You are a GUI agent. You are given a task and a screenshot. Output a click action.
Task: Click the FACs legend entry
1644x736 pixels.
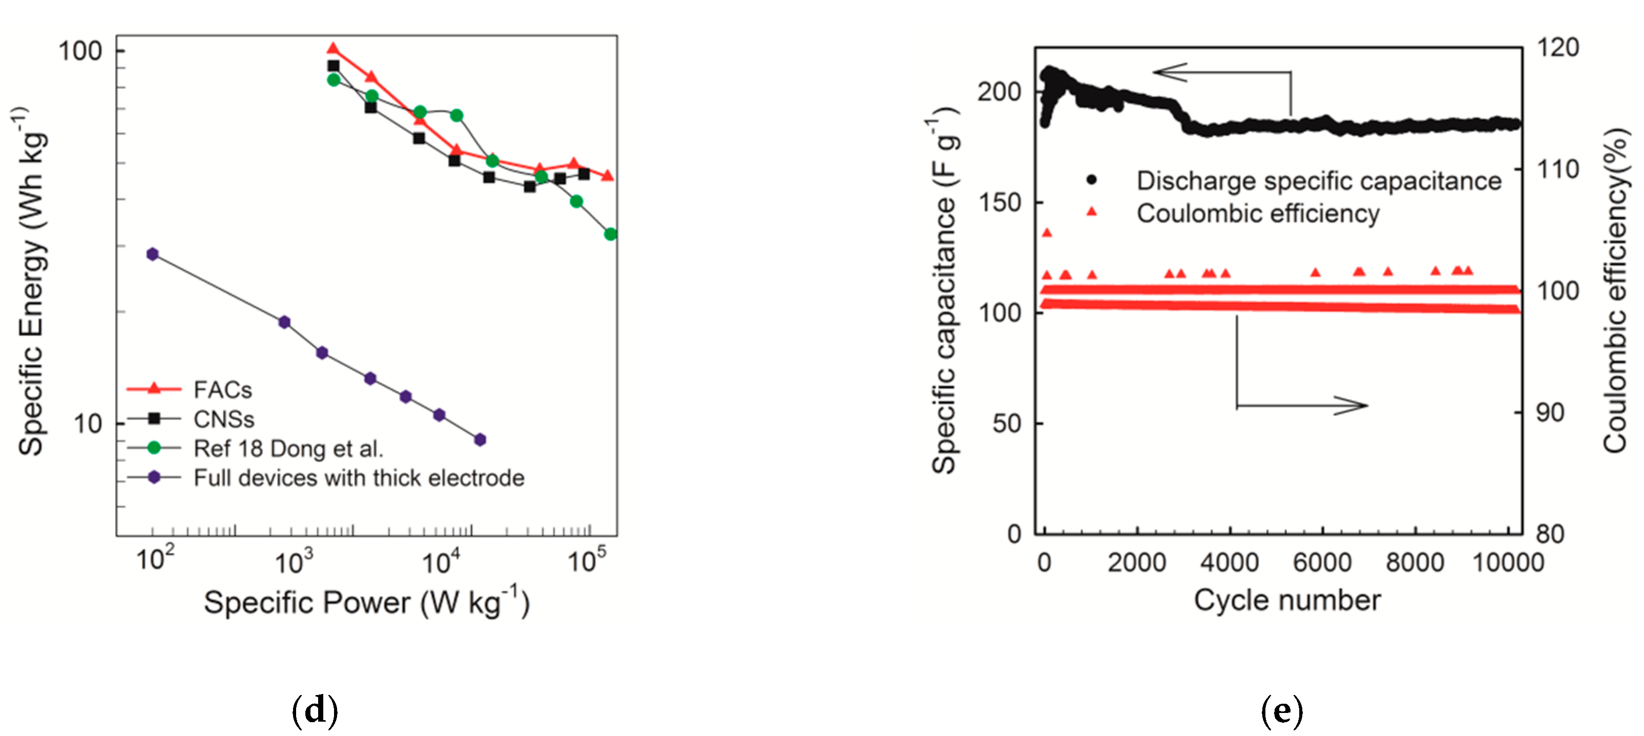222,389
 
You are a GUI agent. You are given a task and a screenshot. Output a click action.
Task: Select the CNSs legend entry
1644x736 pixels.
223,419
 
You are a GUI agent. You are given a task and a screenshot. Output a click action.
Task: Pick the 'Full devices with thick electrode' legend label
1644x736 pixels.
359,478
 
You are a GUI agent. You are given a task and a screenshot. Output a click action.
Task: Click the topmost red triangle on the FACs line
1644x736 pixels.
332,49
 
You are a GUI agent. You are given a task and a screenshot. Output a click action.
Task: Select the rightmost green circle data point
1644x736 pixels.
610,234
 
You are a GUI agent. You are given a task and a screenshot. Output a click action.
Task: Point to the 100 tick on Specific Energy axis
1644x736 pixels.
80,51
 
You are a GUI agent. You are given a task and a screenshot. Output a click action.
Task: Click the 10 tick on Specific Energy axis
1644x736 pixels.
88,424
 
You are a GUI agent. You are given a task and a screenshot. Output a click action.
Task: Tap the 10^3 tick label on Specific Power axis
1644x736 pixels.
294,562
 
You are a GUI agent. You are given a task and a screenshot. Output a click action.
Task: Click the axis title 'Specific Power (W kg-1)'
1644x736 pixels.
366,603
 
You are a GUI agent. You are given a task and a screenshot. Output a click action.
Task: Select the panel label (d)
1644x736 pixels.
315,710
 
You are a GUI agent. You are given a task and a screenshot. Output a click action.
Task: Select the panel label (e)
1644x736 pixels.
1281,710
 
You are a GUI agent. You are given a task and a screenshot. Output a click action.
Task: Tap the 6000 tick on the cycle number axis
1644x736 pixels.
1322,562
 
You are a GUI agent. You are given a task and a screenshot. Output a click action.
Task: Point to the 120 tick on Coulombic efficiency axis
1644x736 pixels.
1557,47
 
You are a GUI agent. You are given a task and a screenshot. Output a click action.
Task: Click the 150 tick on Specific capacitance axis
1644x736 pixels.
1000,202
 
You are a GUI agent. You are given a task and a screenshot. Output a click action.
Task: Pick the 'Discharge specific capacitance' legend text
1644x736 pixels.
1319,181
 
